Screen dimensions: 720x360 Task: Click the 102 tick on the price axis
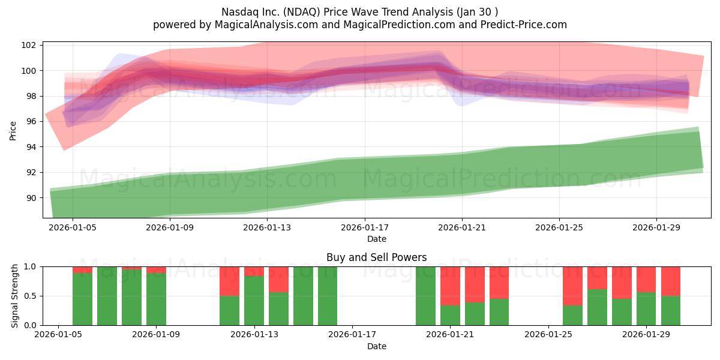pos(28,45)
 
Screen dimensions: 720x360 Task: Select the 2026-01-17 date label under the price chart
pos(365,227)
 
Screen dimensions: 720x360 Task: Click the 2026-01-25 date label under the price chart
pos(559,227)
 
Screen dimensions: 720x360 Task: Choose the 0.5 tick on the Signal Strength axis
pos(30,296)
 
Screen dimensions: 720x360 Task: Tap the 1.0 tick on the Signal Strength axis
pos(30,267)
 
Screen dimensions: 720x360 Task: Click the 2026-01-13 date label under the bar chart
pos(254,334)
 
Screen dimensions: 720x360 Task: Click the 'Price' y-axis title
pos(13,131)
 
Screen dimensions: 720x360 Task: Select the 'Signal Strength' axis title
pos(14,296)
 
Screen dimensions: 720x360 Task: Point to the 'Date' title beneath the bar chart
pos(377,346)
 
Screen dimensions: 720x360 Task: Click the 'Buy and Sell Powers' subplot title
pos(376,257)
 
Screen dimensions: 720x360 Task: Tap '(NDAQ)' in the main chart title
pos(301,12)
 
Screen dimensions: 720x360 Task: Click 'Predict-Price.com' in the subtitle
pos(524,25)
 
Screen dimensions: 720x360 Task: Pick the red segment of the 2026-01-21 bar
pos(450,286)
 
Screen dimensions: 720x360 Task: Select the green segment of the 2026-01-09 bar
pos(156,299)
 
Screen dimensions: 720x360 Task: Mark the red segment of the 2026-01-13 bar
pos(254,271)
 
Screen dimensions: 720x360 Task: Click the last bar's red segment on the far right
pos(671,281)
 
